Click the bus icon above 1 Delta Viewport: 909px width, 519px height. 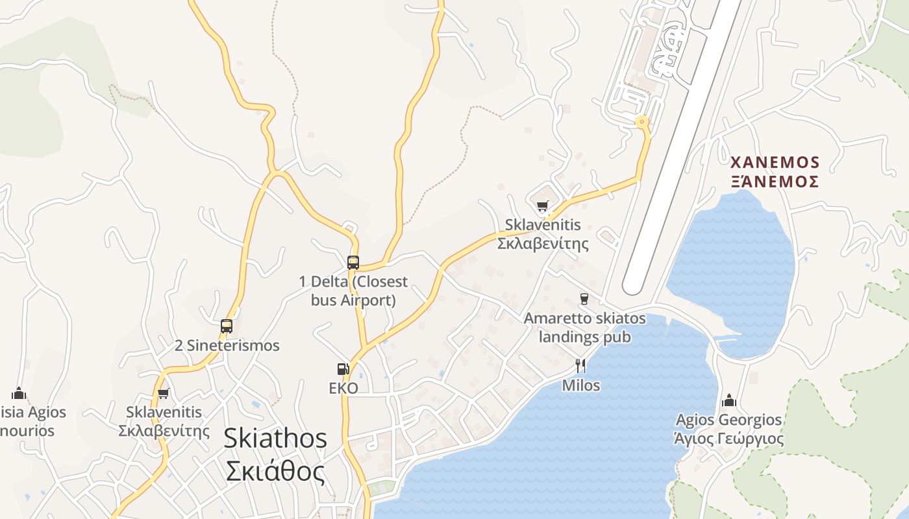click(353, 262)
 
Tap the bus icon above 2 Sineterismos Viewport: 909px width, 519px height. click(227, 326)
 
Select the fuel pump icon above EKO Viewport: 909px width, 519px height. click(343, 369)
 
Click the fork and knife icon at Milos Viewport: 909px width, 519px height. click(580, 365)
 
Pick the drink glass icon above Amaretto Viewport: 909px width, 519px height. click(584, 298)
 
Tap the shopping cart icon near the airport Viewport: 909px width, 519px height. click(542, 206)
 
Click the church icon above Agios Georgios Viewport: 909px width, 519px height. click(729, 400)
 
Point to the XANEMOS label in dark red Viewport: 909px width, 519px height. click(774, 162)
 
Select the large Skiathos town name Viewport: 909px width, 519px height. click(275, 439)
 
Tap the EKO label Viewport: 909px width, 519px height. click(343, 388)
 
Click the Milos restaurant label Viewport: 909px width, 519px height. click(580, 385)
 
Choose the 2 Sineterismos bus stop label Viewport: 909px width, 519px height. click(227, 345)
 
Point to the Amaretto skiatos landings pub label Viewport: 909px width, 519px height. click(585, 328)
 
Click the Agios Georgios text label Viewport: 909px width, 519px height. click(728, 420)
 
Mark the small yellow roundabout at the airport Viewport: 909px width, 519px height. click(642, 121)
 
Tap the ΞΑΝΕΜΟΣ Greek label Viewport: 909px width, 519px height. click(774, 181)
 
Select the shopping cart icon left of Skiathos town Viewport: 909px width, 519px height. click(164, 393)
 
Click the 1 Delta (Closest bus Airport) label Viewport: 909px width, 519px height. click(353, 291)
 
